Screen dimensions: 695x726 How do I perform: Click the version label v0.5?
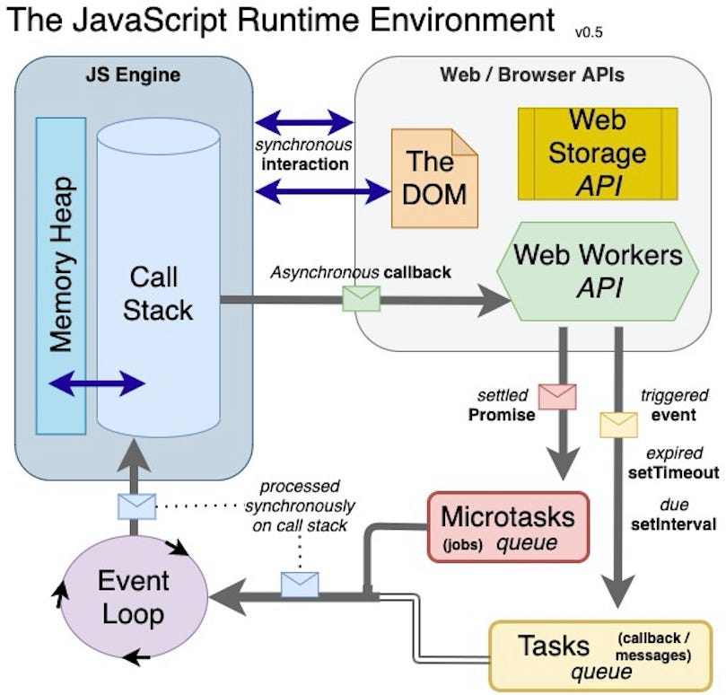pos(589,32)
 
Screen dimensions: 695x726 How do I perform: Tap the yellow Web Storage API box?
pos(597,154)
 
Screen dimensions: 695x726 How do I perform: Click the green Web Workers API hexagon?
pos(597,269)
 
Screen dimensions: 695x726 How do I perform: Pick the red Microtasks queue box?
pos(508,526)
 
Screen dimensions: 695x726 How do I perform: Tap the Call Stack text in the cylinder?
pos(157,293)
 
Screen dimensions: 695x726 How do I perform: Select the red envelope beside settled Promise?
pos(556,396)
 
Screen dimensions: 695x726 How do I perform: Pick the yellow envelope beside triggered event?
pos(618,423)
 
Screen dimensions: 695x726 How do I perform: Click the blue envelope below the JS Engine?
pos(137,506)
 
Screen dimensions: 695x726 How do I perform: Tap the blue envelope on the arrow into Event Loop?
pos(300,585)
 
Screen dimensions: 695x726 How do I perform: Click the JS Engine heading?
pos(132,75)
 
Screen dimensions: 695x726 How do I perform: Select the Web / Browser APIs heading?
pos(532,75)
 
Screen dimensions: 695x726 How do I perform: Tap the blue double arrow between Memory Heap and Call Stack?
pos(96,384)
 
